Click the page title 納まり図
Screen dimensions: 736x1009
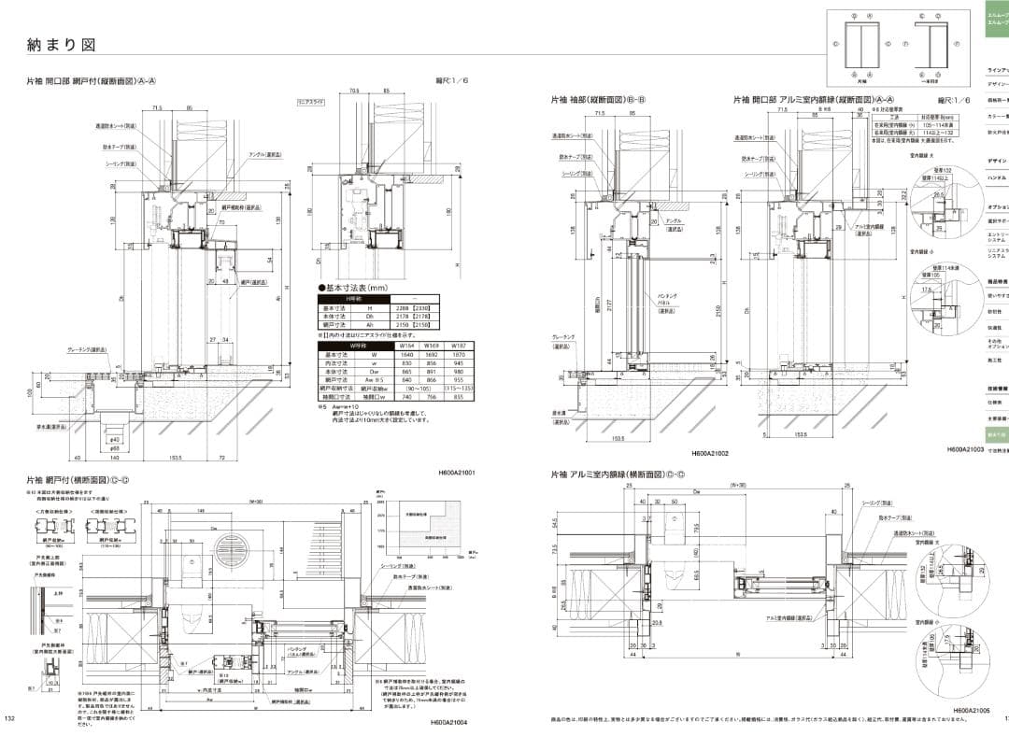(62, 44)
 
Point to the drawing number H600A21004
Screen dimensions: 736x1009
(448, 722)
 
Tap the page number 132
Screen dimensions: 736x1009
(10, 718)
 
